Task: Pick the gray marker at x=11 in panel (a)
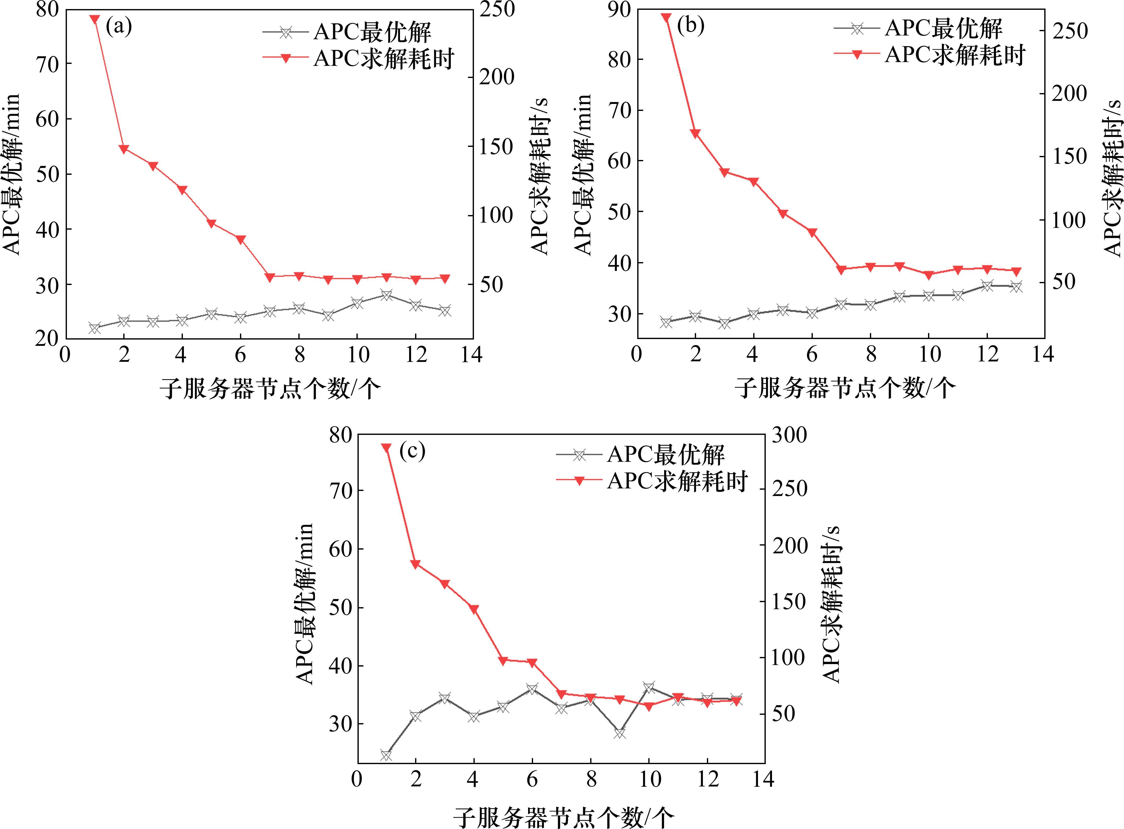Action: pos(386,295)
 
